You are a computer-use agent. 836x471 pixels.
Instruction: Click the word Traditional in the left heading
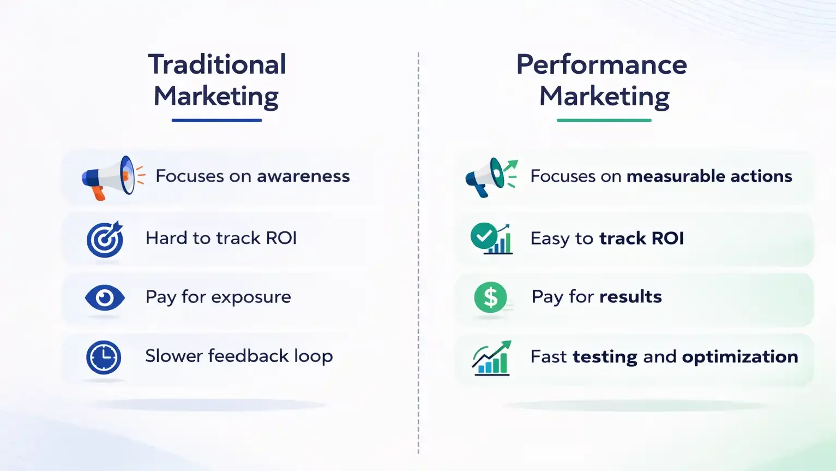pyautogui.click(x=217, y=64)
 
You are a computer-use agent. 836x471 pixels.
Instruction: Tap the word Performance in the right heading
pyautogui.click(x=602, y=64)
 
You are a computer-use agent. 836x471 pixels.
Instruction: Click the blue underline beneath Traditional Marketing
pyautogui.click(x=216, y=120)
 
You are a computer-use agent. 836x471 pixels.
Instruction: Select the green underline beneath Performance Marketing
pyautogui.click(x=604, y=120)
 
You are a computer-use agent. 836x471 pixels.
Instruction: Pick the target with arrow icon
pyautogui.click(x=105, y=239)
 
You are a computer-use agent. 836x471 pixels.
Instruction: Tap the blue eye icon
pyautogui.click(x=105, y=298)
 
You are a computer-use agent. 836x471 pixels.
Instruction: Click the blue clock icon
pyautogui.click(x=104, y=357)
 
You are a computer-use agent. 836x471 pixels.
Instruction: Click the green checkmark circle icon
pyautogui.click(x=484, y=236)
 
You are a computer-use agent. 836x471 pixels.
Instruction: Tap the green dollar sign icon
pyautogui.click(x=490, y=297)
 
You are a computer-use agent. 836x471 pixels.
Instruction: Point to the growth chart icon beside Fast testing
pyautogui.click(x=491, y=358)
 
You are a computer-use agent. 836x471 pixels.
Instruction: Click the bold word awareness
pyautogui.click(x=303, y=176)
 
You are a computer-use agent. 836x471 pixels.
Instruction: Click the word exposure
pyautogui.click(x=251, y=297)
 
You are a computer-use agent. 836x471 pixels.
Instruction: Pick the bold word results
pyautogui.click(x=630, y=297)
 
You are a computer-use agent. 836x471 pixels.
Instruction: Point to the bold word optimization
pyautogui.click(x=739, y=357)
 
